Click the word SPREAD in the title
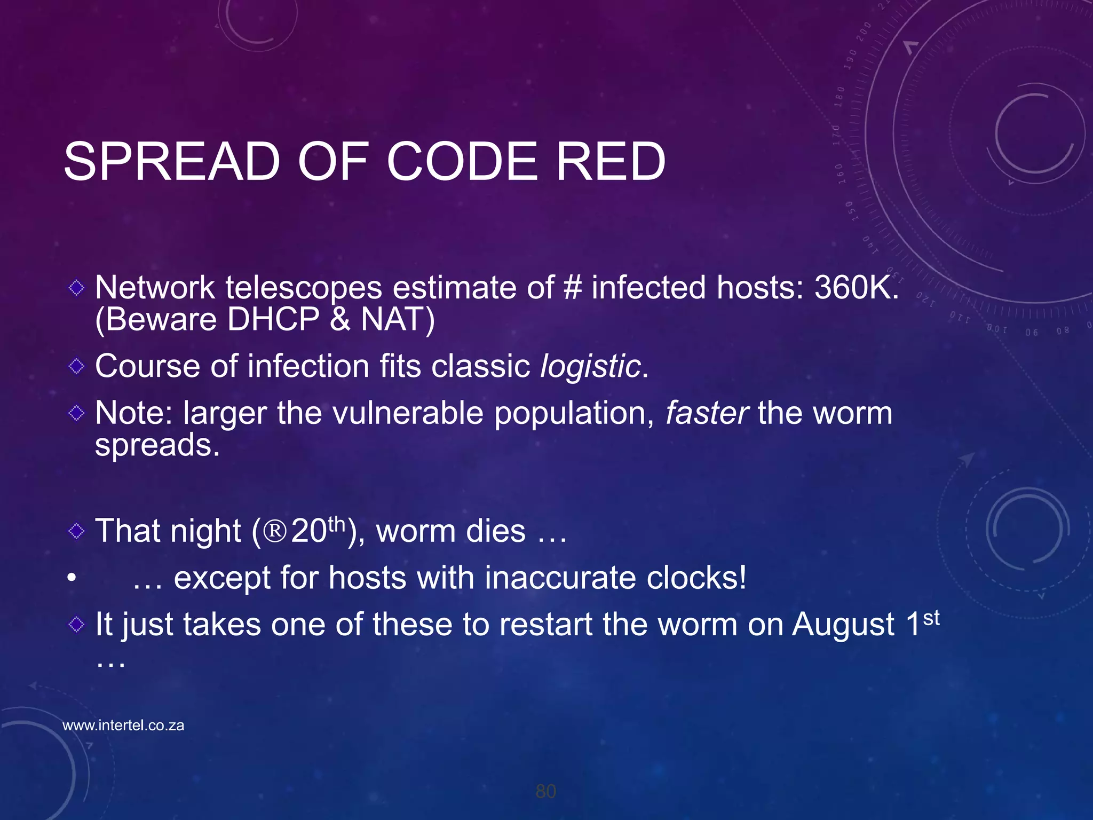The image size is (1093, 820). coord(172,161)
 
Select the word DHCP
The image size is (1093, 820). coord(273,320)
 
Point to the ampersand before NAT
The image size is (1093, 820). coord(340,320)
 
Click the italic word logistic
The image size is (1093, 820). coord(590,367)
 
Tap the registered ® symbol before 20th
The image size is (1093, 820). coord(275,531)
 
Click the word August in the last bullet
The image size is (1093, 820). coord(843,624)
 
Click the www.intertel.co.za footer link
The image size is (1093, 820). coord(123,726)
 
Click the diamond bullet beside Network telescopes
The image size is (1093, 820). coord(77,288)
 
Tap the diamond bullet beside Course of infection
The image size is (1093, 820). coord(77,366)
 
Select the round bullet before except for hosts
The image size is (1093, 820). coord(72,578)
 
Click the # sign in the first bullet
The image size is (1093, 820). coord(572,288)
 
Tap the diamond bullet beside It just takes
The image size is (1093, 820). coord(77,624)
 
